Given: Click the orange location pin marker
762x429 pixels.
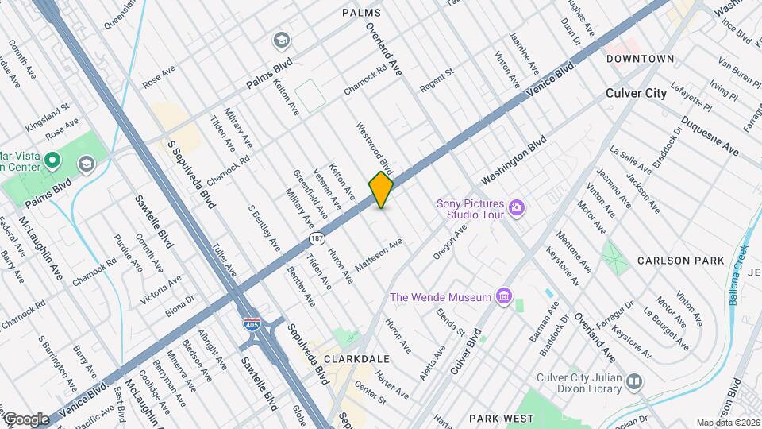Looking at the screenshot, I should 381,191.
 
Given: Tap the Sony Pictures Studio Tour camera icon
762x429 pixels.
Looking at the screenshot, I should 517,208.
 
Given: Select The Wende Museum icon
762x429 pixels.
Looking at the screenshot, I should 502,297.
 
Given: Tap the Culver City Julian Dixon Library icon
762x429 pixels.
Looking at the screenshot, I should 633,382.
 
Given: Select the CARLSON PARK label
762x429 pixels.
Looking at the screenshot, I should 680,261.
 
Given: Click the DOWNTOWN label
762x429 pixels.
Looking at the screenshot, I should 640,59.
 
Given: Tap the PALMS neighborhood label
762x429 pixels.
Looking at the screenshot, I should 361,13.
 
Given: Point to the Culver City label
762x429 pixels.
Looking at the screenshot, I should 636,93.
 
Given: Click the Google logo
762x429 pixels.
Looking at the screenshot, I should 26,419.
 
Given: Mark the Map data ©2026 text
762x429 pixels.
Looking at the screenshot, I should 728,423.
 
